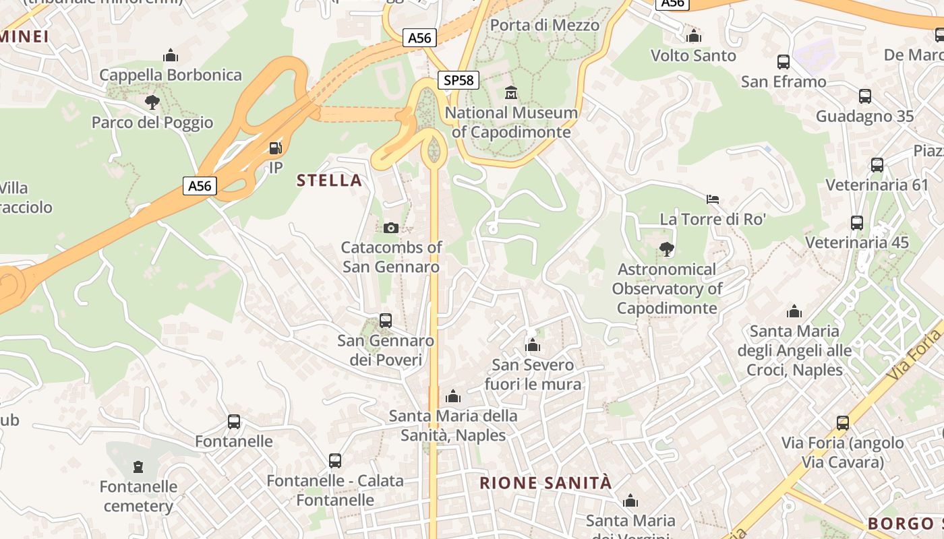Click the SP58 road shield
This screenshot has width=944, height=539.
point(459,80)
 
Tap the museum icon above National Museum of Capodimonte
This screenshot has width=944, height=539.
point(510,92)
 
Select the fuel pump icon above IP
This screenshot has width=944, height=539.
point(275,148)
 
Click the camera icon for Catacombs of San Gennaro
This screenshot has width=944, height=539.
point(390,228)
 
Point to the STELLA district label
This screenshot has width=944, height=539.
point(329,180)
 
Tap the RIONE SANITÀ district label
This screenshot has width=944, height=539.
point(545,482)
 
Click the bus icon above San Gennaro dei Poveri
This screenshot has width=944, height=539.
point(386,321)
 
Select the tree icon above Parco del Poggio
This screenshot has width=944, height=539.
point(152,102)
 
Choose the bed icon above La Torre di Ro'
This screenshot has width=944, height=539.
point(713,199)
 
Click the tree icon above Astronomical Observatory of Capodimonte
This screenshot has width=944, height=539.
point(667,249)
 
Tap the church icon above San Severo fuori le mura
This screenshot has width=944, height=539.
point(533,346)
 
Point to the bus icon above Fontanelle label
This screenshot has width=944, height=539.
point(234,422)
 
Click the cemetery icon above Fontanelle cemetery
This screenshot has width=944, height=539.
point(138,466)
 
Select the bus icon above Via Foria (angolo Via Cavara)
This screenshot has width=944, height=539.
point(843,423)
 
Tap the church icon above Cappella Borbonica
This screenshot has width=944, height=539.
point(171,55)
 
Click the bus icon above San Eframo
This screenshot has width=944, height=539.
point(784,62)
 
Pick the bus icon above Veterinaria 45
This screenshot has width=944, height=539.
point(857,222)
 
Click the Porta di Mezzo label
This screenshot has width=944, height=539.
point(544,25)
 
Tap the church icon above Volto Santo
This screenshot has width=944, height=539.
point(693,36)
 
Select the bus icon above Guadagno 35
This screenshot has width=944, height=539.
point(865,96)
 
